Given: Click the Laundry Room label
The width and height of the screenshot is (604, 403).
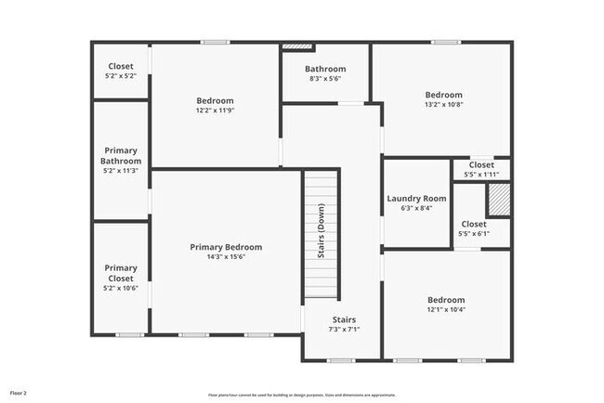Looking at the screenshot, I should click(x=416, y=198).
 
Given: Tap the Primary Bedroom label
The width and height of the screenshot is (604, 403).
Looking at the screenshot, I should click(x=226, y=247).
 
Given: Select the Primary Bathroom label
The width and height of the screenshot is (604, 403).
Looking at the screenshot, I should click(x=121, y=155).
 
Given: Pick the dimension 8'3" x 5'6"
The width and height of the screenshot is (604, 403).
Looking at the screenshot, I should click(x=325, y=79).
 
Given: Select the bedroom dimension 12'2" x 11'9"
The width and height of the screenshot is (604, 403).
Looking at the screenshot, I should click(x=215, y=110).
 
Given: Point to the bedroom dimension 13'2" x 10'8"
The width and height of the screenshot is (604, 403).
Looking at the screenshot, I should click(x=443, y=105).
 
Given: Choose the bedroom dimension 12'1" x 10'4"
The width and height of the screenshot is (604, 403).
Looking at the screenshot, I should click(x=446, y=310).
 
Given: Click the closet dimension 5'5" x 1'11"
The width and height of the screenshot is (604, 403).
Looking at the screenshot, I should click(x=481, y=175).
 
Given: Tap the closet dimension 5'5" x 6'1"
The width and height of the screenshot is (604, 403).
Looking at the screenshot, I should click(x=473, y=234).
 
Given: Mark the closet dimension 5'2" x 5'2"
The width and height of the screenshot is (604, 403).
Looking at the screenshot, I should click(x=121, y=76).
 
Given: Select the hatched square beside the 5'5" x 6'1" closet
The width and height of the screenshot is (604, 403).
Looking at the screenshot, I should click(x=499, y=199).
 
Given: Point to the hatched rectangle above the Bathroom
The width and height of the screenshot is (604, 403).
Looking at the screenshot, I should click(x=295, y=45).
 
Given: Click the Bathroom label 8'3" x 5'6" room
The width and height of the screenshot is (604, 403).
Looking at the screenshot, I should click(x=325, y=69).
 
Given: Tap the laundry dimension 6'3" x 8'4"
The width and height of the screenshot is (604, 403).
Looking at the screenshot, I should click(x=416, y=208).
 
